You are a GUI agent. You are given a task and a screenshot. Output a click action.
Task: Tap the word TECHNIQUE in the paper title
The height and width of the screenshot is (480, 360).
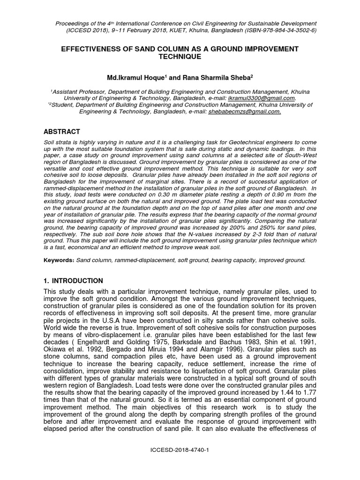[180, 57]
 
